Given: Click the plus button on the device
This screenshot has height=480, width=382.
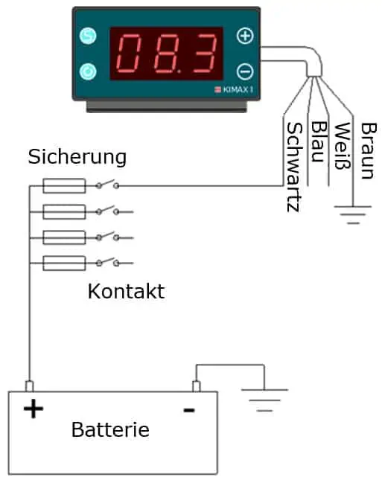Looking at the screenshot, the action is tap(245, 36).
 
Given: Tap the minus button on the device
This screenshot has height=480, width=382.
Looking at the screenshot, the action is tap(245, 71).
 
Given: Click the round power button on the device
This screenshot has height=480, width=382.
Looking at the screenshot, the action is tap(88, 71).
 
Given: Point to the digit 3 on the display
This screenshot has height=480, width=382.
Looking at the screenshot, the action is tap(204, 54).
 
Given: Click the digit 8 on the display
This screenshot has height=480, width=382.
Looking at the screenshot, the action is tap(167, 54).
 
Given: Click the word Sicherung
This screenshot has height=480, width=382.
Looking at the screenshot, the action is tap(77, 157).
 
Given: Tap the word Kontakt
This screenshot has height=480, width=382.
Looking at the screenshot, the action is tap(126, 291).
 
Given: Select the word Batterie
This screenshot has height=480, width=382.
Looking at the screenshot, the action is tap(110, 429).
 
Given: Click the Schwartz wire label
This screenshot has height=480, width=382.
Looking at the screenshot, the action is tap(295, 167).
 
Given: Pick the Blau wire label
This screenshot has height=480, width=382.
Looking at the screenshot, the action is tap(319, 141).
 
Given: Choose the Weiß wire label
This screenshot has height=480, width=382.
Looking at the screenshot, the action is tap(343, 146).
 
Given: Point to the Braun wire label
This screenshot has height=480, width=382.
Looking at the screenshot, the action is tap(368, 150).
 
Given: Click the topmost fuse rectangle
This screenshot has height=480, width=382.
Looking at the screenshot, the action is tap(64, 186).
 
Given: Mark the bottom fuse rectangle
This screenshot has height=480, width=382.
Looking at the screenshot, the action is tap(64, 263).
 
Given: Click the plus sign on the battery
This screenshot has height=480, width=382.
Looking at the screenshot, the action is tap(34, 409).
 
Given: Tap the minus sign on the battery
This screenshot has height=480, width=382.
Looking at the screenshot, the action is tap(189, 410).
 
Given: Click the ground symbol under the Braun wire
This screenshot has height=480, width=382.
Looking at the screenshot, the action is tap(353, 215).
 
